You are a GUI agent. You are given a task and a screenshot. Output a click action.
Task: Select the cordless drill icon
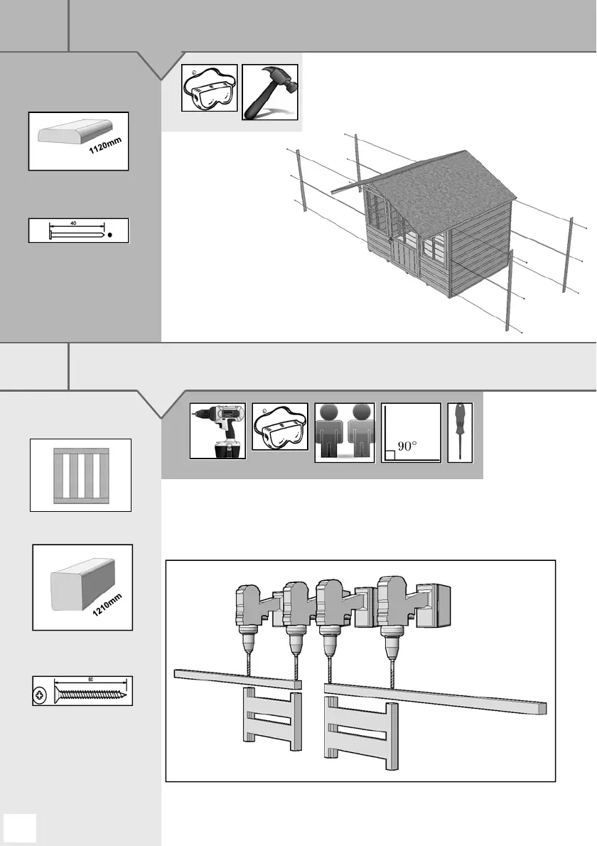click(x=218, y=431)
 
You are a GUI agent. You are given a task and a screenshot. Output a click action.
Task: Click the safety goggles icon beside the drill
click(x=280, y=431)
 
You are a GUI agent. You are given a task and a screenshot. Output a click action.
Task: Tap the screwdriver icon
click(x=458, y=432)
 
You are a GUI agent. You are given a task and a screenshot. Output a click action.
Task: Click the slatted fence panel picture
click(x=80, y=475)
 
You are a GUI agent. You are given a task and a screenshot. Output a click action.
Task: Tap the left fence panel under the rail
click(x=271, y=718)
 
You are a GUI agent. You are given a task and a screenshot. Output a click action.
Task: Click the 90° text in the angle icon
click(x=407, y=446)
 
